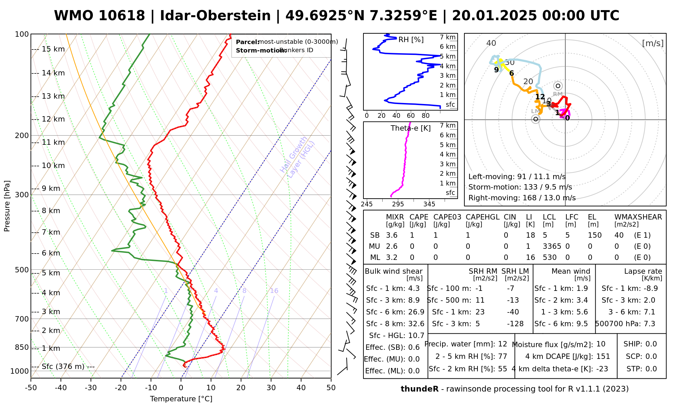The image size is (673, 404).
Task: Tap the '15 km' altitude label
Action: tap(53, 49)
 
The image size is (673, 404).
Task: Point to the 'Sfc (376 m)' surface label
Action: tap(63, 366)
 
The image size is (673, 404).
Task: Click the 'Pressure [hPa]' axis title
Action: tap(7, 206)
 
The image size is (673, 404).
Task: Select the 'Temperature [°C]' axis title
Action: tap(181, 399)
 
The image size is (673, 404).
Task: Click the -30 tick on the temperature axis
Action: tap(91, 388)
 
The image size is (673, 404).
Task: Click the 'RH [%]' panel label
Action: tap(411, 40)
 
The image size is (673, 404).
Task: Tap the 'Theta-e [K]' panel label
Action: tap(411, 128)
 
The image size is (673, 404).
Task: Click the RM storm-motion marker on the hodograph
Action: tap(558, 86)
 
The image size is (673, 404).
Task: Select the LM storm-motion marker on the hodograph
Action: tap(535, 119)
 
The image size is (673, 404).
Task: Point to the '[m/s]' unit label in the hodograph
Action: tap(653, 43)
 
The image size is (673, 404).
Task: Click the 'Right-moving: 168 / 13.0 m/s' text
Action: tap(522, 198)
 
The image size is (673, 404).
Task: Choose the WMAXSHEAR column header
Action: tap(638, 217)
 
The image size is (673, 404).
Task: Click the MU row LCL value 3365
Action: tap(552, 246)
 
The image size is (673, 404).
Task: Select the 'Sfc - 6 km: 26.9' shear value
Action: tap(395, 312)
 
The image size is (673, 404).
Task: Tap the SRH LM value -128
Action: tap(515, 324)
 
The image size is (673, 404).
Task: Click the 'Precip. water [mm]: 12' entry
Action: tap(466, 344)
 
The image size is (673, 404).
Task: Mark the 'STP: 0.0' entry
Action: tap(642, 369)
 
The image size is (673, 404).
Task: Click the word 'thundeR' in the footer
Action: tap(419, 389)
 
